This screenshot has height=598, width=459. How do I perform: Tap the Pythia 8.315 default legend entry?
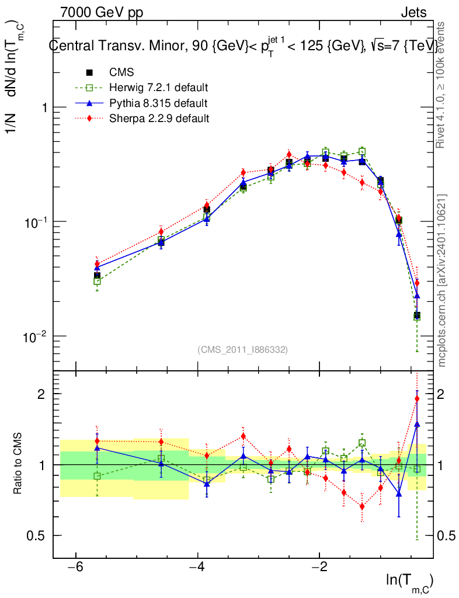(158, 103)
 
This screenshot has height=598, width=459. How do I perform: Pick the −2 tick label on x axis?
(319, 567)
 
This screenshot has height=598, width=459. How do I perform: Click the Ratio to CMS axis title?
(18, 465)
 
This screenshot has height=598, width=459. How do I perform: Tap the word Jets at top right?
(413, 12)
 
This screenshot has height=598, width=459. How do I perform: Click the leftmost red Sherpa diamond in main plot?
(98, 264)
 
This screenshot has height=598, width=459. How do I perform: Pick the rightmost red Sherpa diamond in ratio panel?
(417, 399)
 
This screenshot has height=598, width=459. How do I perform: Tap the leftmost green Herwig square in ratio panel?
(97, 476)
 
